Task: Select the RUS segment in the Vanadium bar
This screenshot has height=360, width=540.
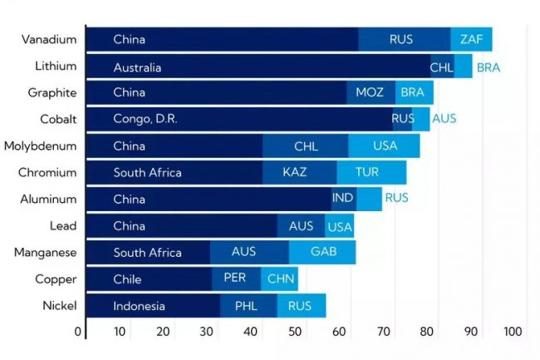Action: (x=405, y=39)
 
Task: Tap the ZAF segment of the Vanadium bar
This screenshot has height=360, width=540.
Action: (x=471, y=39)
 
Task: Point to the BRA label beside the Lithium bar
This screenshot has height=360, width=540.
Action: (x=488, y=67)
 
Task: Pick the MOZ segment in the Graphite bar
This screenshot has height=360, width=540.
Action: (x=370, y=92)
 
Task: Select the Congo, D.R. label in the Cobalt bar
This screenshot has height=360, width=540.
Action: (x=145, y=119)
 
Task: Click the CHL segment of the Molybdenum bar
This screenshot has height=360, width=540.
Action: (x=306, y=146)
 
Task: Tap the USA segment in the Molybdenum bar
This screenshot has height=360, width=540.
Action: (x=385, y=146)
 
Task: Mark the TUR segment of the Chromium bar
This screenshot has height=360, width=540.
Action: (x=368, y=173)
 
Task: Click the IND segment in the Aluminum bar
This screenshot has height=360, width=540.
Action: (x=343, y=199)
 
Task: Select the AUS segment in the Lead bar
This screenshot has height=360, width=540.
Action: (x=301, y=226)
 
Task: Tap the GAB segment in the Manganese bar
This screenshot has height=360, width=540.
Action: (x=323, y=252)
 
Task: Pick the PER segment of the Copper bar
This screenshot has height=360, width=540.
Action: (x=235, y=279)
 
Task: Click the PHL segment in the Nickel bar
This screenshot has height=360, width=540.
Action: (x=247, y=306)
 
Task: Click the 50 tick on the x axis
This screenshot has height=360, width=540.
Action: (x=295, y=332)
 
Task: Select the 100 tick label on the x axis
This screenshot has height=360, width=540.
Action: (x=513, y=332)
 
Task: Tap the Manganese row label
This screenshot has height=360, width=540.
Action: (x=49, y=252)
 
